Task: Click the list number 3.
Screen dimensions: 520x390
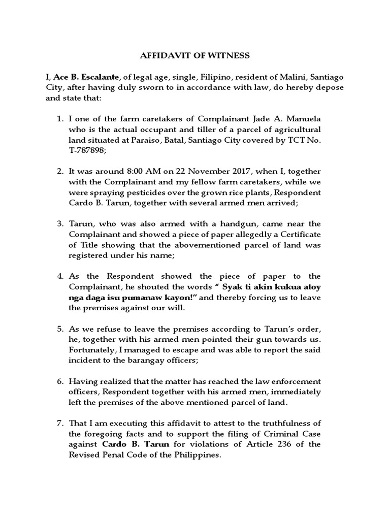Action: [60, 224]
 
